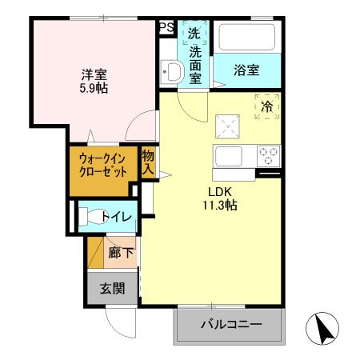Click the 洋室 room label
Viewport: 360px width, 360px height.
tap(90, 74)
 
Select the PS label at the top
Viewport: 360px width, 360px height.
tap(166, 28)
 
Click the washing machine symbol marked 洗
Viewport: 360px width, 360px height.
tap(194, 34)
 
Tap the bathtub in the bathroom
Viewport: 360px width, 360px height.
tap(246, 37)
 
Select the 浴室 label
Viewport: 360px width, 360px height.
tap(246, 70)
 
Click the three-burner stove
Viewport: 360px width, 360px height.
tap(267, 154)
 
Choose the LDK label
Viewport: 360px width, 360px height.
tap(220, 192)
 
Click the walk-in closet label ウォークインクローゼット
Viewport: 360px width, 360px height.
tap(100, 165)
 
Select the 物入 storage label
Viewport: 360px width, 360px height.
tap(148, 162)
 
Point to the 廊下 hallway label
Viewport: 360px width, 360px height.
tap(121, 254)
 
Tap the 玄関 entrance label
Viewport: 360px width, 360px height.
tap(112, 288)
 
